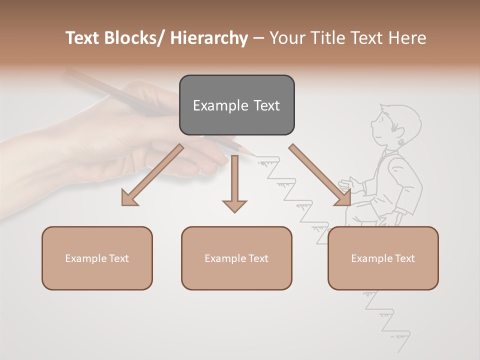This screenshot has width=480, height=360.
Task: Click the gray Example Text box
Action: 236,105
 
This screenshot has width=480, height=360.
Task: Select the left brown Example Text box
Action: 97,258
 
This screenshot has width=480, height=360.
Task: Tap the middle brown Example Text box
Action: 236,258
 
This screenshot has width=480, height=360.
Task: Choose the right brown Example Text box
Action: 383,258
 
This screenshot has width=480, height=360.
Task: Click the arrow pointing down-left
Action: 152,175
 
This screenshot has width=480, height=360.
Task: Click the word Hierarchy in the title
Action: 209,38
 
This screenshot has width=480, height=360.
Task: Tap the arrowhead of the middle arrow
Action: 234,204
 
